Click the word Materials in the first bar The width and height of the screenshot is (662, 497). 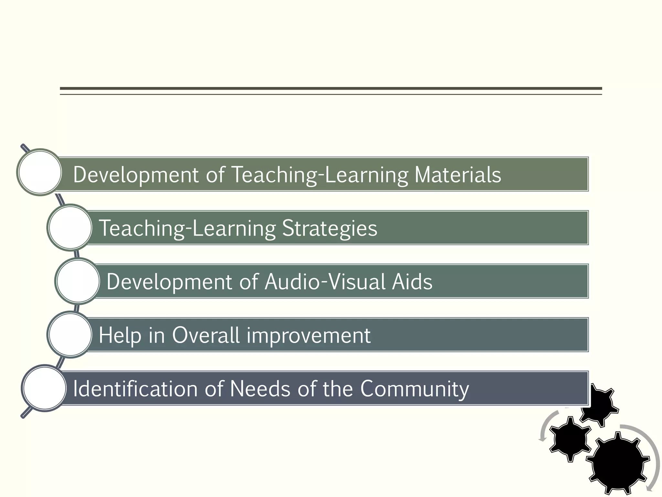(x=457, y=175)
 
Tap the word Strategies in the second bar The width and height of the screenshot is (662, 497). (x=329, y=228)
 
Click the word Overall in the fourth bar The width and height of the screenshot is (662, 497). (x=206, y=335)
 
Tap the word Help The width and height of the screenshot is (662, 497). (x=120, y=336)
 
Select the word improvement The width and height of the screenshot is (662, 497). (x=308, y=336)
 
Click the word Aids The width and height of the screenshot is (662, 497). (x=412, y=282)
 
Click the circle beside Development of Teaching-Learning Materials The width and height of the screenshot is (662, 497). (x=40, y=172)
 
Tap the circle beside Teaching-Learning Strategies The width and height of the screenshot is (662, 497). (x=70, y=227)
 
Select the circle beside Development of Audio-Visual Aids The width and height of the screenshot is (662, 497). (x=78, y=281)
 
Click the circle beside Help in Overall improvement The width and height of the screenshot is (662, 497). (x=70, y=335)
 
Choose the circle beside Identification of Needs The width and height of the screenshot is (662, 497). (x=44, y=388)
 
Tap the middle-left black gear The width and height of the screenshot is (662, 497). (x=570, y=438)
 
